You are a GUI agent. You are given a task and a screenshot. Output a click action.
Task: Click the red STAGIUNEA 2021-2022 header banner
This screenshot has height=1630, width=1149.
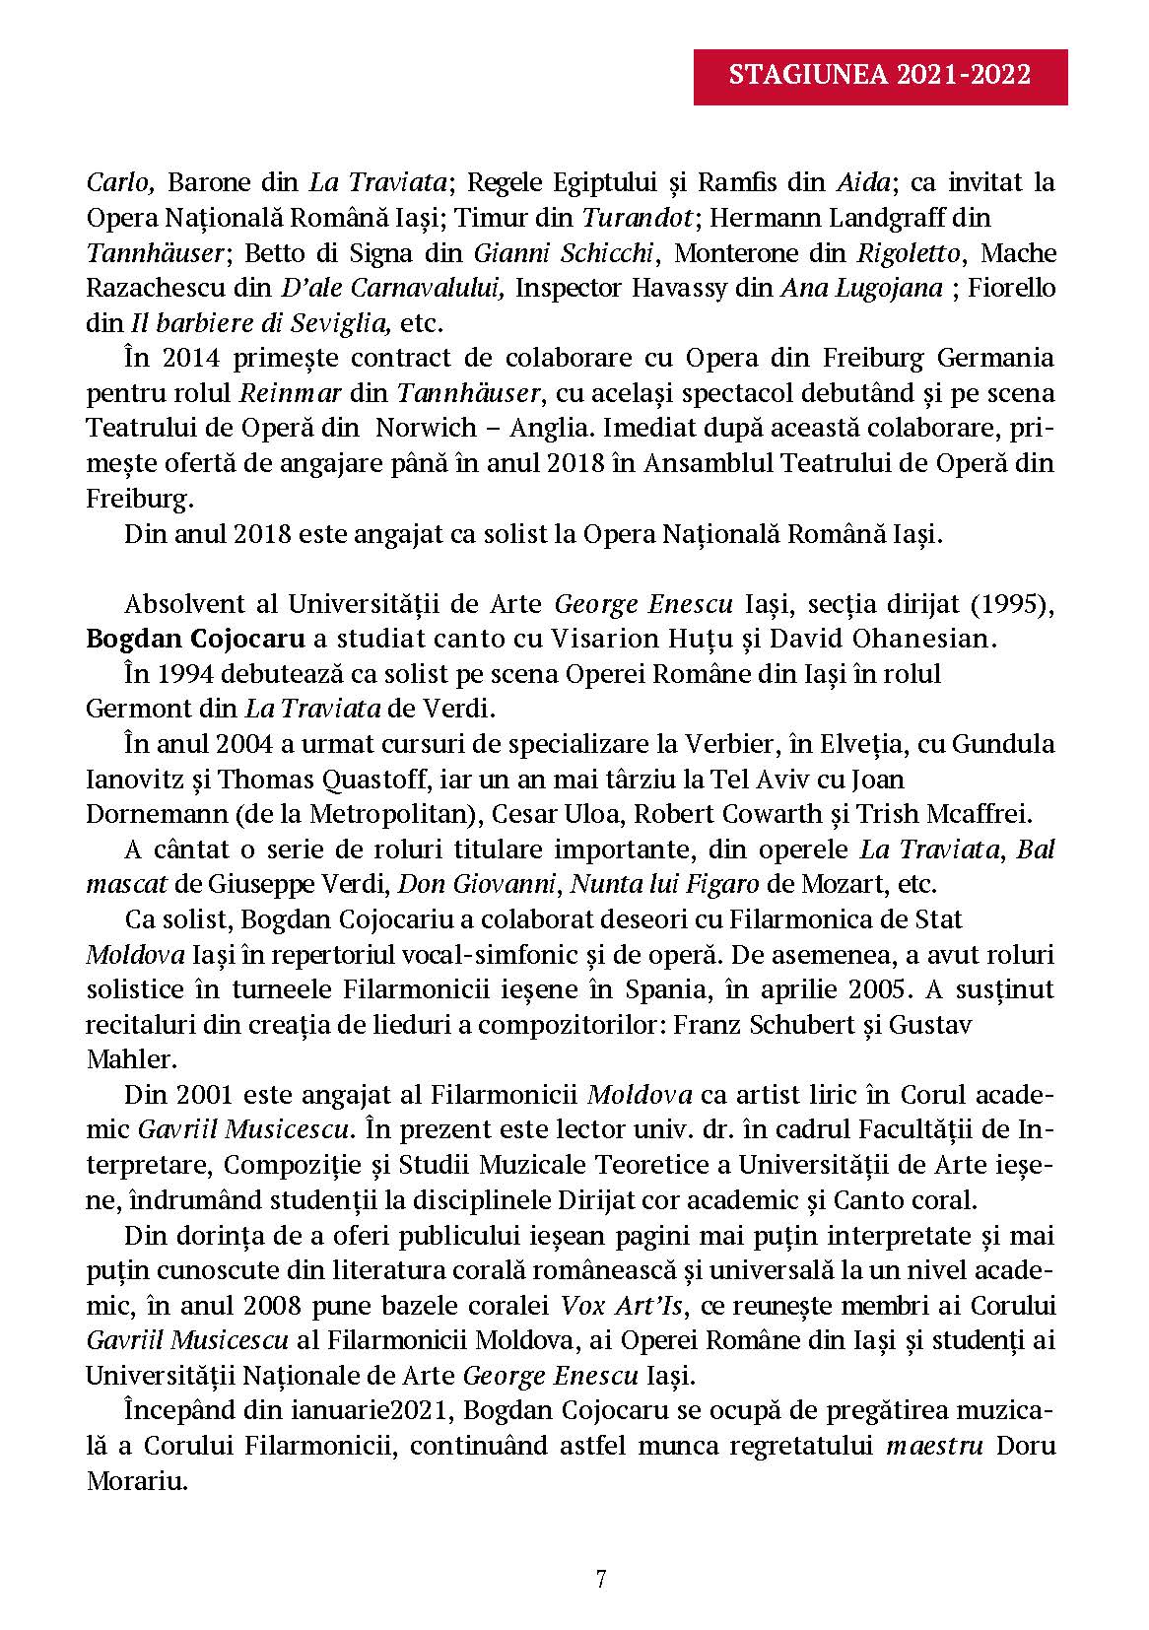(x=880, y=75)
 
